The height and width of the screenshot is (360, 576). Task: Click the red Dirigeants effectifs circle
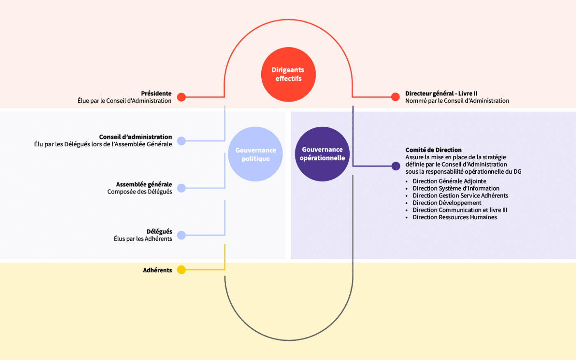(288, 74)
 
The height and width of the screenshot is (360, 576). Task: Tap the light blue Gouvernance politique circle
(255, 154)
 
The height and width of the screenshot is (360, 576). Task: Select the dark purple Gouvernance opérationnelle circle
(322, 154)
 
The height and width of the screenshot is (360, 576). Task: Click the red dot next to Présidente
(181, 97)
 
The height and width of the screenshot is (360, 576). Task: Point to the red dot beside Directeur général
(395, 97)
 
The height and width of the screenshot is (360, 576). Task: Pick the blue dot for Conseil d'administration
(181, 141)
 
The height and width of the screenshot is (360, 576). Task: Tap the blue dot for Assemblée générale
(181, 188)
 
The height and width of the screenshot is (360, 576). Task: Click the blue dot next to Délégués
(181, 235)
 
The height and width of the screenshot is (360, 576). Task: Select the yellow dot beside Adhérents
(181, 269)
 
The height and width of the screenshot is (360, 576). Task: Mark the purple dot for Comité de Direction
(396, 166)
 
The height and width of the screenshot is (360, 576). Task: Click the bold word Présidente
(156, 93)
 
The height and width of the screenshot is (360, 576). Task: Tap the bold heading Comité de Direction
(433, 150)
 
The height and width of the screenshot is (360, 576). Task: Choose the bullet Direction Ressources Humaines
(455, 217)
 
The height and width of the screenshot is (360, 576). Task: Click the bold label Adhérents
(157, 270)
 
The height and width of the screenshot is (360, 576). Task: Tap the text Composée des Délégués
(139, 192)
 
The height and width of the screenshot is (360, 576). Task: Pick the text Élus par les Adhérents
(143, 239)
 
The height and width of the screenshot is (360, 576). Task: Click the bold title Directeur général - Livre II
(441, 93)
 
